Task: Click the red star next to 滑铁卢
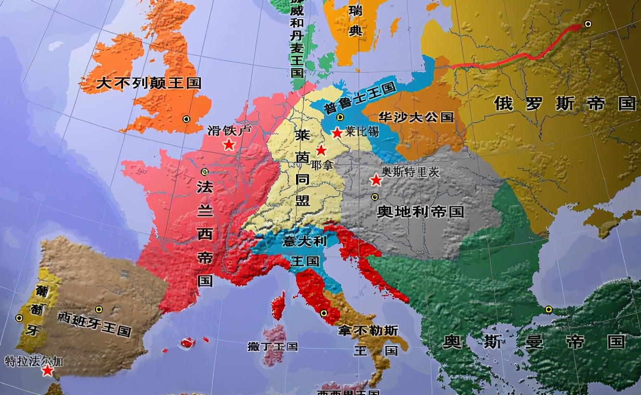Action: point(229,144)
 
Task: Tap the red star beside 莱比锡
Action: point(337,132)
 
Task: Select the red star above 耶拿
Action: point(321,150)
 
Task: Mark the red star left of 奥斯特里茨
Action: point(375,180)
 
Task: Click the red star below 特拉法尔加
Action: point(48,370)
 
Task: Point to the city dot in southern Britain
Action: point(186,119)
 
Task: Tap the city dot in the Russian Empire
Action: point(588,24)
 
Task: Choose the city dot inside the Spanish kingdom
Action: point(99,309)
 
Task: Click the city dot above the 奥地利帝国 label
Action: point(374,197)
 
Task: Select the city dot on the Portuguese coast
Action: point(19,318)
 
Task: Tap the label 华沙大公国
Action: point(416,117)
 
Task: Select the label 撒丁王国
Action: point(272,346)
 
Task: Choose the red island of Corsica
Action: point(278,306)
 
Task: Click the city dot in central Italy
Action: point(324,313)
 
